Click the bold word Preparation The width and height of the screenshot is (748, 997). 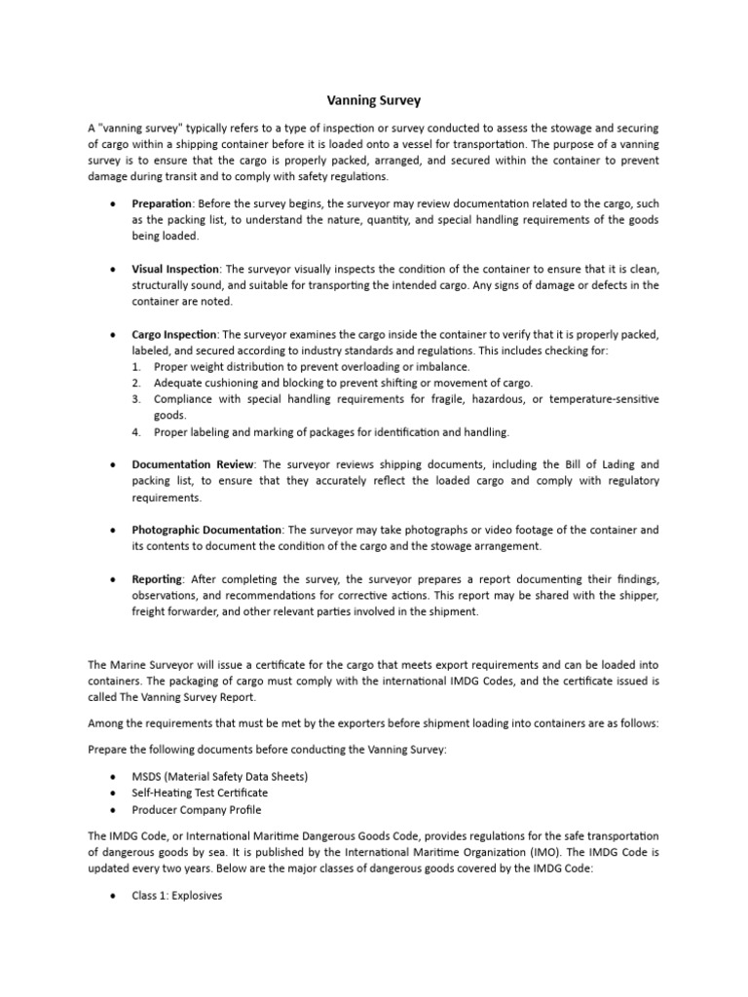pyautogui.click(x=162, y=204)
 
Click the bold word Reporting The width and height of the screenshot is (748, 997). pyautogui.click(x=157, y=579)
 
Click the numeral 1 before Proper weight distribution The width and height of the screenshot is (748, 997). pyautogui.click(x=135, y=366)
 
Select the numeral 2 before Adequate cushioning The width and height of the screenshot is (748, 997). pyautogui.click(x=135, y=383)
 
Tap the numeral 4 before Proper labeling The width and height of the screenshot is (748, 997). pyautogui.click(x=135, y=431)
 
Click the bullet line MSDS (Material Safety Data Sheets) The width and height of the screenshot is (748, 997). pyautogui.click(x=220, y=776)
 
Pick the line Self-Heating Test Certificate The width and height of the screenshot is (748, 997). pyautogui.click(x=200, y=793)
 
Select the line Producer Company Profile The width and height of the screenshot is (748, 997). pyautogui.click(x=197, y=809)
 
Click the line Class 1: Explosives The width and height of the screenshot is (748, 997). pyautogui.click(x=177, y=895)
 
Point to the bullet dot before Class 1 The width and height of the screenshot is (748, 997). pyautogui.click(x=115, y=895)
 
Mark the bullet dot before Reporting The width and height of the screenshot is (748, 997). pyautogui.click(x=115, y=579)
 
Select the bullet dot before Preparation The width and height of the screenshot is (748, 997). pyautogui.click(x=115, y=204)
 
